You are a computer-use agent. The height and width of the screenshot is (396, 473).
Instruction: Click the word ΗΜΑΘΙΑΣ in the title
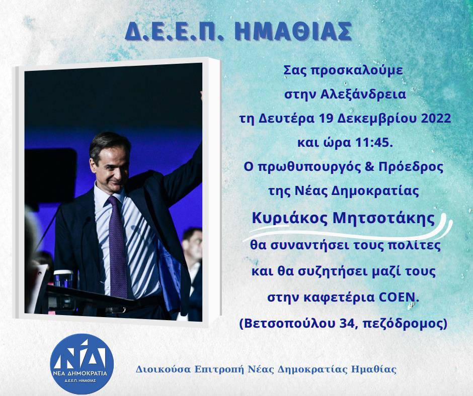pos(293,32)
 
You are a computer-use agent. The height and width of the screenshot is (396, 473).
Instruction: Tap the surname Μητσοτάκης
pos(383,219)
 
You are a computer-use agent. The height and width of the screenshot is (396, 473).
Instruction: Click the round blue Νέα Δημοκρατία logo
pos(82,363)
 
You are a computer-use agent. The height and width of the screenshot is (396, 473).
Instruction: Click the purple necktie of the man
pos(118,247)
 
